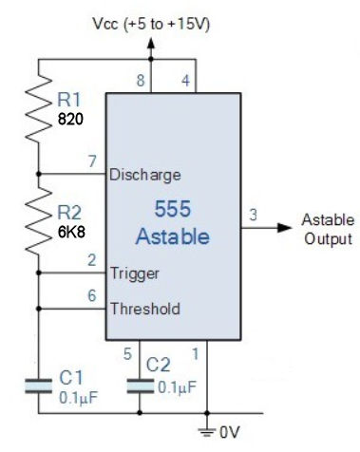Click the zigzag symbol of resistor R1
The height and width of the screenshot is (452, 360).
37,104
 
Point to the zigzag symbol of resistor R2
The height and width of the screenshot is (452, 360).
37,219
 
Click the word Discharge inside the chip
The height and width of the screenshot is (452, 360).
144,175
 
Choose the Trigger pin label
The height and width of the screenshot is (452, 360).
134,273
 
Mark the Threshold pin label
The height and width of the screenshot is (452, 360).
144,309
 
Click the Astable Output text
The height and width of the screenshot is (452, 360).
327,229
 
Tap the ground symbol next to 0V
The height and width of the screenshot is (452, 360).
208,429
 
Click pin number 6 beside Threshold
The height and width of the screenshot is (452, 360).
92,295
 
